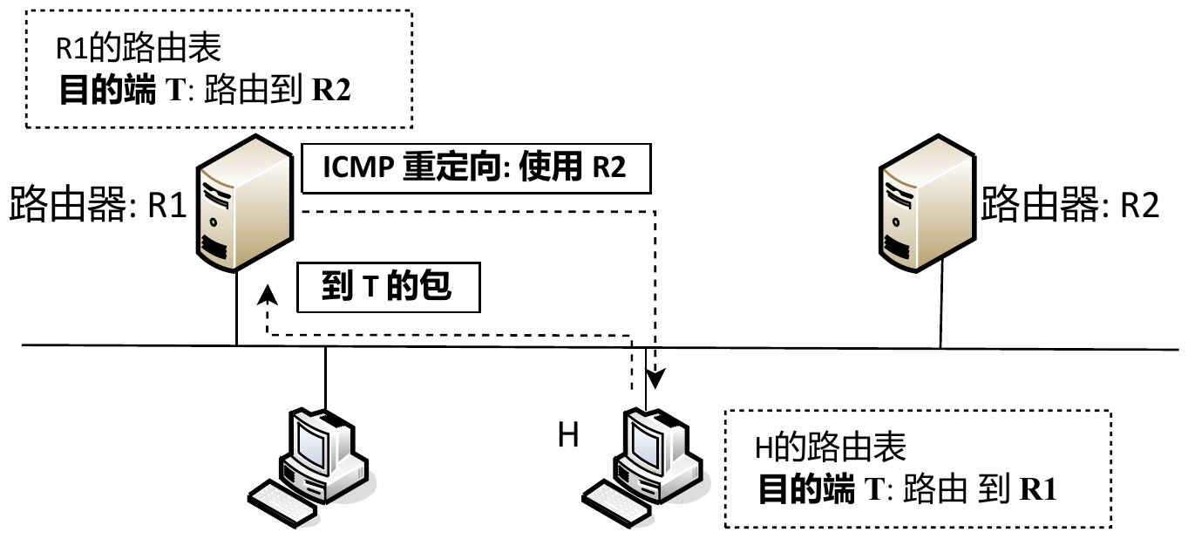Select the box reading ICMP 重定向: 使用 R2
475,167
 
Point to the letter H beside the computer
567,435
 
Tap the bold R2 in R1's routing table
331,92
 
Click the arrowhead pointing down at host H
655,381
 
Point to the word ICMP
358,167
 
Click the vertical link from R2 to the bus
940,310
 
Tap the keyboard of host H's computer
617,501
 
